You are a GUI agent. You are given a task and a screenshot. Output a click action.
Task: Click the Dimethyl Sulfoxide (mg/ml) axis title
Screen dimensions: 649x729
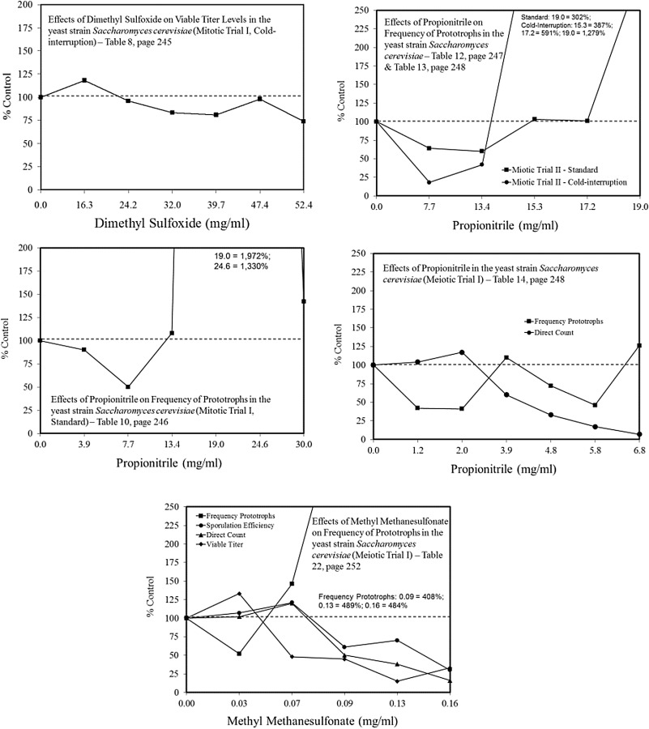(172, 224)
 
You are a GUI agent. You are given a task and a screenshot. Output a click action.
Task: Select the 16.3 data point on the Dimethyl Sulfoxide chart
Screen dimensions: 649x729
(84, 80)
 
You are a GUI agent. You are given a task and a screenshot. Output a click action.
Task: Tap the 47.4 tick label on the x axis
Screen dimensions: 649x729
(259, 205)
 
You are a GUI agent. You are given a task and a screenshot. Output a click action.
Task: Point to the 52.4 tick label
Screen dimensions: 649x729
(303, 205)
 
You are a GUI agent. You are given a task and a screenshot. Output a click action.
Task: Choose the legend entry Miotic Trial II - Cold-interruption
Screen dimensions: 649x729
(565, 182)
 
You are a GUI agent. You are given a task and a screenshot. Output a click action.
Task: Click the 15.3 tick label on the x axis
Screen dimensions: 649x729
(535, 207)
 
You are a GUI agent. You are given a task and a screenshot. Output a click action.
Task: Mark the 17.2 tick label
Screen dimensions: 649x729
(587, 207)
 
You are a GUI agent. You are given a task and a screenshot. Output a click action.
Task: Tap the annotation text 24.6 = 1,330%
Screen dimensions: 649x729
(241, 266)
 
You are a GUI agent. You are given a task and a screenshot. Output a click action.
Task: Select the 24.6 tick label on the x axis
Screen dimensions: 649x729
(259, 445)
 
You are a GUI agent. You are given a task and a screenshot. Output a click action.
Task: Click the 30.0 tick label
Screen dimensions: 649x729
(304, 445)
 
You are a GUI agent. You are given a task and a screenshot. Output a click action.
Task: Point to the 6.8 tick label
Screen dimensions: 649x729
(639, 450)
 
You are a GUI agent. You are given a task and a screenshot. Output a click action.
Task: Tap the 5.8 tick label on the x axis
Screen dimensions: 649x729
(595, 450)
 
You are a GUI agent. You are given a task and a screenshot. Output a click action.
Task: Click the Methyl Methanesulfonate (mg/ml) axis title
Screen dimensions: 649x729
(313, 721)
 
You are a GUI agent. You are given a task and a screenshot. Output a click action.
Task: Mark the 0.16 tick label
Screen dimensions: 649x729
(450, 703)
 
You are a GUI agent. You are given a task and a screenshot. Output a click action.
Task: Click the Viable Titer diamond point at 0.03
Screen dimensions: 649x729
(239, 594)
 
